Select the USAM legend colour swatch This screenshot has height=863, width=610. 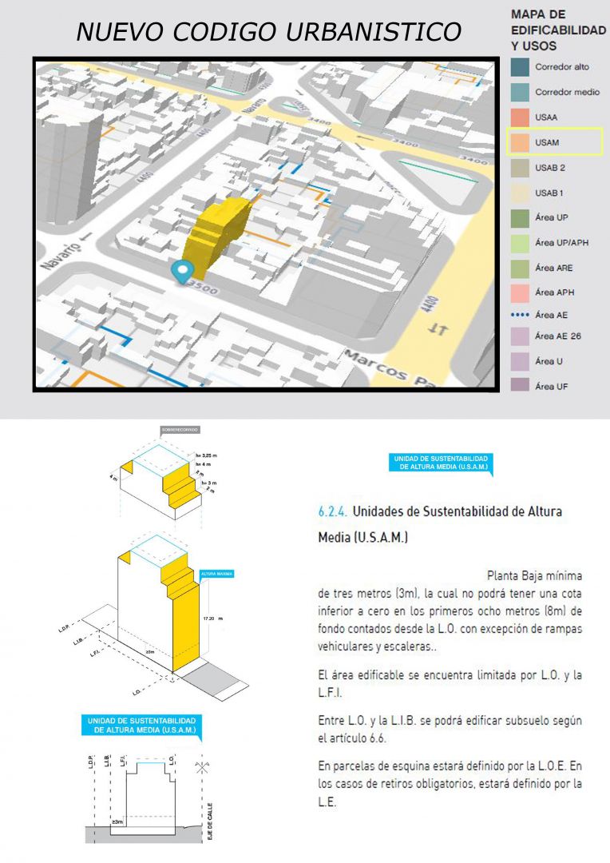(521, 142)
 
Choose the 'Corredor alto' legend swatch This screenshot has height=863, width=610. (521, 67)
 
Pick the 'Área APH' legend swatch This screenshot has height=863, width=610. (521, 292)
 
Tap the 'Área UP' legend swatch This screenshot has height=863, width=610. (521, 217)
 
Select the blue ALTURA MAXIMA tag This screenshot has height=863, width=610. (216, 574)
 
